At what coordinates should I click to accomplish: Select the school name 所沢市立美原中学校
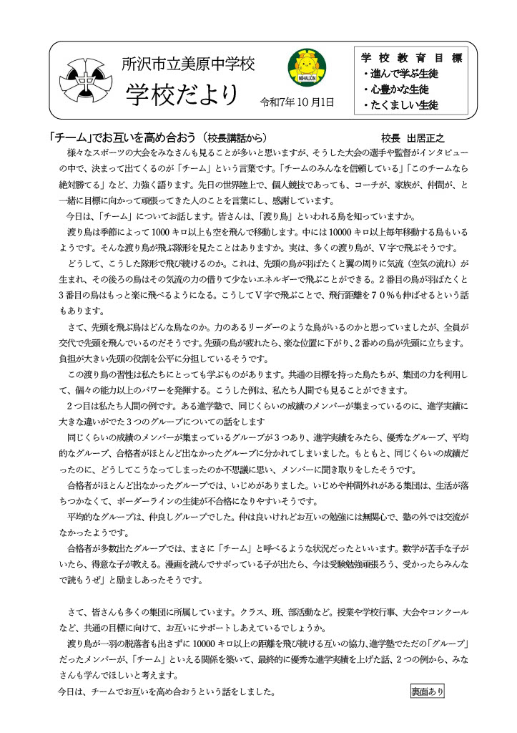click(187, 63)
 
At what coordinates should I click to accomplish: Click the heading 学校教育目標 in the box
click(410, 57)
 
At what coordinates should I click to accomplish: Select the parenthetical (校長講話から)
click(237, 137)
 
